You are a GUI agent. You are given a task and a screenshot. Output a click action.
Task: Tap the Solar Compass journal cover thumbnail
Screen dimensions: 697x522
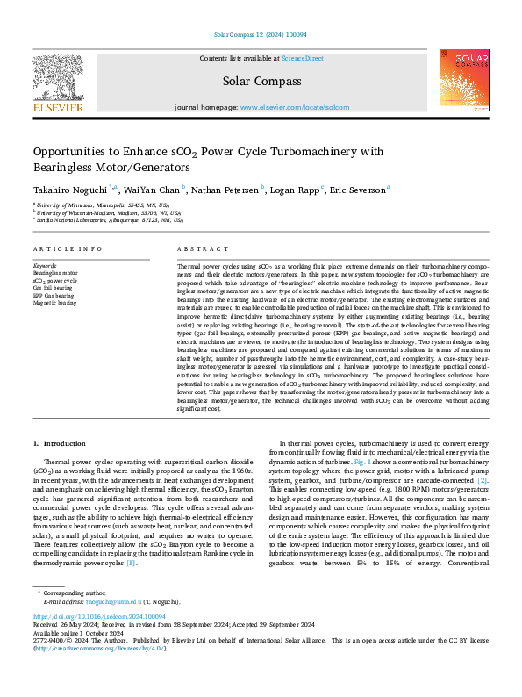(x=463, y=80)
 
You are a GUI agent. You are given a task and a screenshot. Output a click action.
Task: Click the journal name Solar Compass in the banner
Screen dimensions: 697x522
(x=262, y=81)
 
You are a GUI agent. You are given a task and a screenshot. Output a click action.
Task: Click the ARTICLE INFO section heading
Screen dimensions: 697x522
(x=66, y=249)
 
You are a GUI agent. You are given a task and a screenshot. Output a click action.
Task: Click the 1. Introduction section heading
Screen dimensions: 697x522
(x=60, y=443)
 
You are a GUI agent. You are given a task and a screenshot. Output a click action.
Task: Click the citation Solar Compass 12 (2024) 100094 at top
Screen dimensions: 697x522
(x=261, y=35)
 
